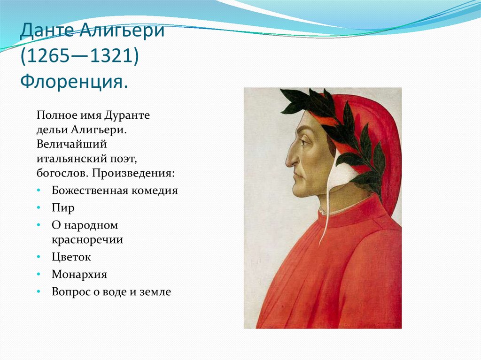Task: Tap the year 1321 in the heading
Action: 109,56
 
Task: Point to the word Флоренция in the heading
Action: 71,82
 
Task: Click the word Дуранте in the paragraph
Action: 127,115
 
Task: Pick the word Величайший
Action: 71,144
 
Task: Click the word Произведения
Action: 133,173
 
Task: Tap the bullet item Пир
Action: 63,208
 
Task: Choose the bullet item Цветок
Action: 71,257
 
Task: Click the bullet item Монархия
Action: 79,274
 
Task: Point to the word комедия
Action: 155,191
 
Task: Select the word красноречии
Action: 87,239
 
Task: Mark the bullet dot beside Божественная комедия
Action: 39,191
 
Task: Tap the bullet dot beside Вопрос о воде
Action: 39,291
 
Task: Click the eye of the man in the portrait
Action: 305,142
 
